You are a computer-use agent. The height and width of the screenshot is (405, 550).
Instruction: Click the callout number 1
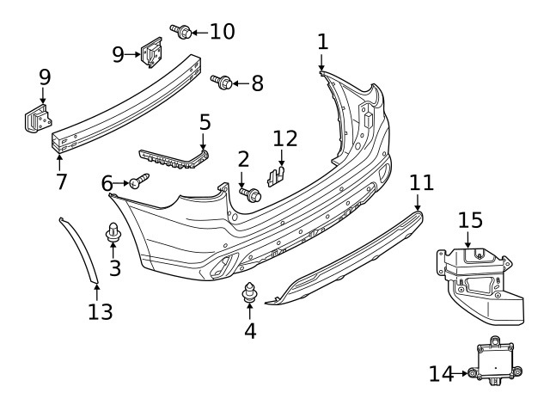pos(322,41)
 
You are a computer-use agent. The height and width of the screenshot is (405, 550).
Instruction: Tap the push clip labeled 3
pos(113,232)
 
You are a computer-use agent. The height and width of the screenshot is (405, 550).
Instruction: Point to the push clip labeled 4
pos(250,293)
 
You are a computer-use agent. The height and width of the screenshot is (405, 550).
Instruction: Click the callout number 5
pos(205,122)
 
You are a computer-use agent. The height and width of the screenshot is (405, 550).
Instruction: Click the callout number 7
pos(60,181)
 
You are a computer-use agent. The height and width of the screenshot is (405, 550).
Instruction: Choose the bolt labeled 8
pos(222,83)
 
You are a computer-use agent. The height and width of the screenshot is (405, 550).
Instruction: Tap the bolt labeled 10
pos(182,33)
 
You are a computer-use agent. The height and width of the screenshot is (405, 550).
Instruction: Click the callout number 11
pos(422,182)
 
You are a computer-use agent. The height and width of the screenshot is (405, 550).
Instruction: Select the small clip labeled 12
pos(275,175)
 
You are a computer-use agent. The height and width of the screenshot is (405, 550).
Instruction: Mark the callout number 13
pos(101,310)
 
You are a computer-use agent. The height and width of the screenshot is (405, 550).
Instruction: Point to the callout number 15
pos(470,220)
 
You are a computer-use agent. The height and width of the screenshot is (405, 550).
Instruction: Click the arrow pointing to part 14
pos(461,373)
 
